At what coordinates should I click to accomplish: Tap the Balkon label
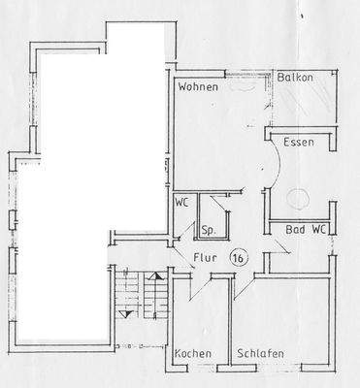pos(295,77)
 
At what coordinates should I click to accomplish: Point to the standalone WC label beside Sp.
pos(181,204)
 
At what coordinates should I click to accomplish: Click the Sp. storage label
pos(208,231)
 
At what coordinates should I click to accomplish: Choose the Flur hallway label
pos(203,259)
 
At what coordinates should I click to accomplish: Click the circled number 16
pos(237,258)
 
